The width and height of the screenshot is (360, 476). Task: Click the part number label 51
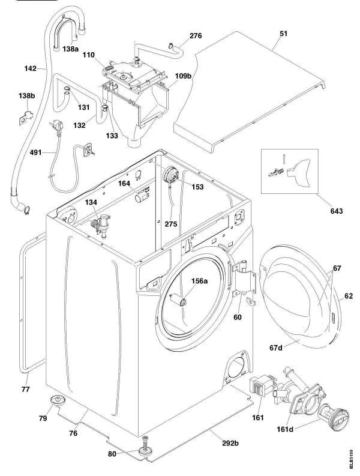pos(283,34)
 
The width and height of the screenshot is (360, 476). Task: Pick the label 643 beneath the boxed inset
pos(336,211)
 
